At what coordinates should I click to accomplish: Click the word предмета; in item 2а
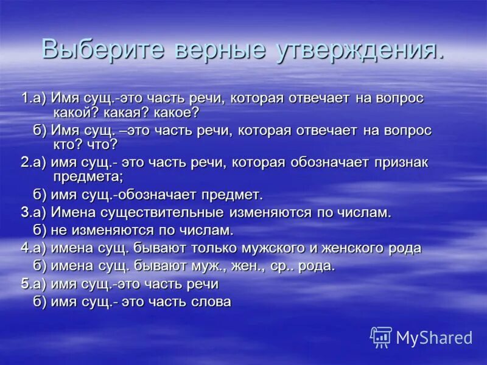click(x=88, y=177)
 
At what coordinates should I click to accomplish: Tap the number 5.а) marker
click(x=34, y=283)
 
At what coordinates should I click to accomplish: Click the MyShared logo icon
click(x=381, y=336)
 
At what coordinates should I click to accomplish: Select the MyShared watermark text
click(x=434, y=337)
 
